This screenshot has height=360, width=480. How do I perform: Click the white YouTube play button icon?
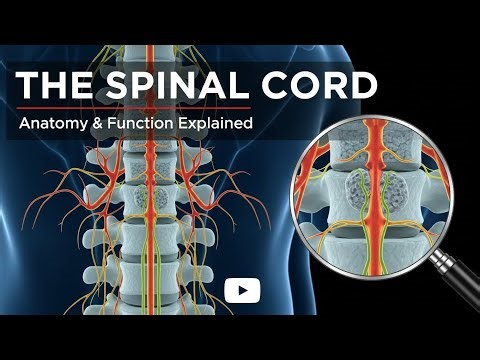[241, 291]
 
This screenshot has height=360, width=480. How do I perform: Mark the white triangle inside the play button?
[242, 291]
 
